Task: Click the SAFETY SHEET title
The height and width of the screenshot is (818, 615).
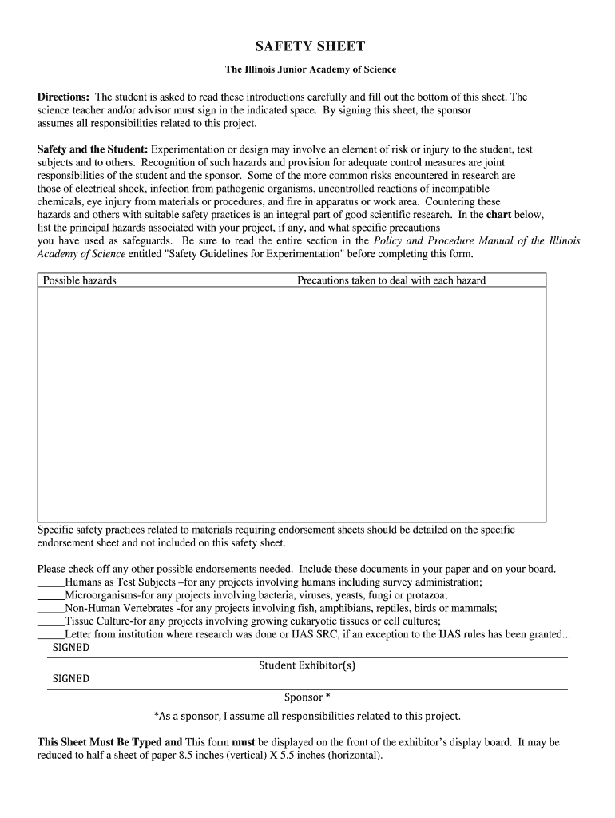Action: (x=308, y=46)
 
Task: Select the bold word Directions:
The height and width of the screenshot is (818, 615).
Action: (x=63, y=97)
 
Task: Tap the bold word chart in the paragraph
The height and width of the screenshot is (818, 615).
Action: (x=498, y=215)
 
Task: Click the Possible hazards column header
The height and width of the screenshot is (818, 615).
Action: (x=79, y=280)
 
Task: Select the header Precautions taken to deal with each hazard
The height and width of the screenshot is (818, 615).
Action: (x=391, y=280)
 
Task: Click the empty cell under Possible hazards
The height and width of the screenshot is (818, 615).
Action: (x=165, y=404)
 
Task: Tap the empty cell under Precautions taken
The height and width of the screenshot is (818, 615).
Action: (x=419, y=404)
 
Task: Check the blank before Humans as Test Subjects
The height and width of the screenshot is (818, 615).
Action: (x=51, y=582)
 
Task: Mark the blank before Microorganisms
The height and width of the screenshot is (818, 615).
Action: (x=51, y=595)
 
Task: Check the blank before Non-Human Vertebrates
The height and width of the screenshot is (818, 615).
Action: (x=51, y=608)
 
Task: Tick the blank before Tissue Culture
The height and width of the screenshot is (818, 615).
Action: (x=51, y=621)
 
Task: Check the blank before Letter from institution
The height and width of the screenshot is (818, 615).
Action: (x=51, y=634)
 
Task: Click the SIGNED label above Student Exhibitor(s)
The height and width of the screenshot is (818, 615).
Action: (x=71, y=648)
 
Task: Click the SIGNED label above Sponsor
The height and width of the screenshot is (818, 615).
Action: (x=71, y=679)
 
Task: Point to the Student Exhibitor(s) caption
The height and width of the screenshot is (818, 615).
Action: (x=307, y=665)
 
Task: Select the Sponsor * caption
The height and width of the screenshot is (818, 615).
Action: (x=307, y=697)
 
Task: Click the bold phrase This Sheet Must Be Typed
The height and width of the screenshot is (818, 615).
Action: (x=109, y=742)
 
